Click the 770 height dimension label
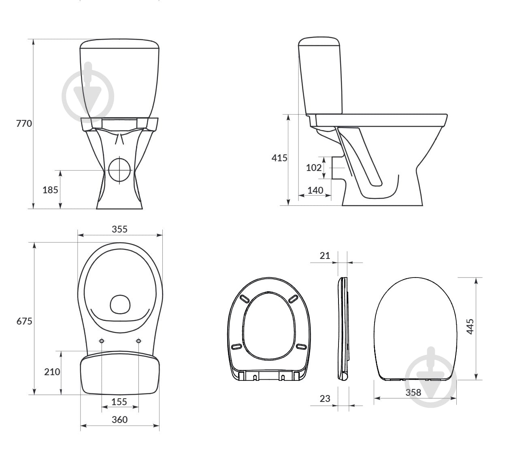pos(24,123)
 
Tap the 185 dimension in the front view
pos(50,190)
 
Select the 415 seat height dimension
pos(279,158)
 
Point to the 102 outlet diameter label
pos(313,167)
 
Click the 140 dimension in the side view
pos(315,190)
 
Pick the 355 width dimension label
pos(119,229)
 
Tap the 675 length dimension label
pos(24,321)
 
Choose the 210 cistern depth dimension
pos(52,372)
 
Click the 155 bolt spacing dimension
pos(119,402)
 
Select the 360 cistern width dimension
pos(119,420)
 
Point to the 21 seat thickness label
pos(325,256)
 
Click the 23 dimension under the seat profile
pos(325,399)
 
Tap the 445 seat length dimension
pos(470,326)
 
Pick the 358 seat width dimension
pos(413,393)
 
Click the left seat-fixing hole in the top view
pos(102,341)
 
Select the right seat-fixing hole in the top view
pos(138,341)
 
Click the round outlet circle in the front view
pos(119,170)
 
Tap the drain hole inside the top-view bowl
pos(120,304)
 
